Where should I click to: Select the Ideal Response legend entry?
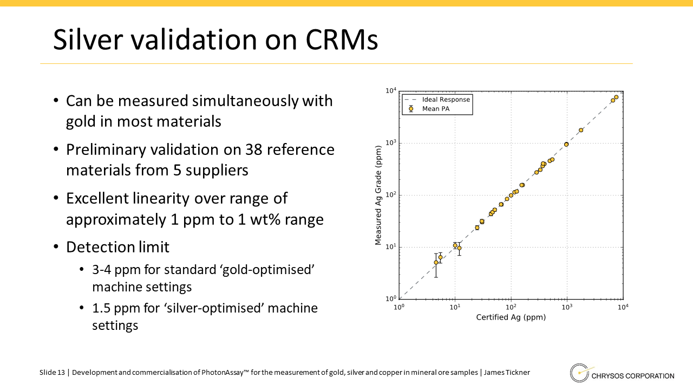point(446,100)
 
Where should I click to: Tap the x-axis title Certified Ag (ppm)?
point(511,317)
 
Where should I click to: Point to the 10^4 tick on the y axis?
point(390,90)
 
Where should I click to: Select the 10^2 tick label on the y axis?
point(390,195)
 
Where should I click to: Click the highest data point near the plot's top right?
point(616,97)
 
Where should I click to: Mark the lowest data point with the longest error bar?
point(436,262)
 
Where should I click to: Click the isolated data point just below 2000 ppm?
point(581,130)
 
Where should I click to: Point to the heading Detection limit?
point(117,248)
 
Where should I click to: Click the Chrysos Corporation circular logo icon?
point(579,373)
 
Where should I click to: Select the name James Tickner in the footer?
point(507,373)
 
